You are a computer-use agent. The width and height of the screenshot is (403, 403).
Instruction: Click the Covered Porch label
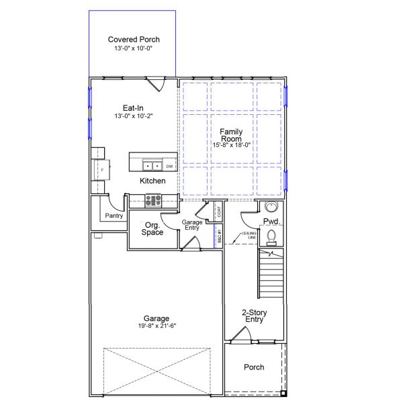coord(134,40)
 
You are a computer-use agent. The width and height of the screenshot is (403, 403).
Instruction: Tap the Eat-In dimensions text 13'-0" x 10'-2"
coord(133,116)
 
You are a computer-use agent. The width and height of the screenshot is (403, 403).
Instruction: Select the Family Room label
coord(231,135)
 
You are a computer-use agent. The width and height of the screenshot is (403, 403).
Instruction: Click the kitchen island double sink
coord(152,165)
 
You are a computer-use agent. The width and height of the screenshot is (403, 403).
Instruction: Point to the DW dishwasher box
coord(169,166)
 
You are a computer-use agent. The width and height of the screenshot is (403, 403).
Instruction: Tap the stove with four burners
coord(153,199)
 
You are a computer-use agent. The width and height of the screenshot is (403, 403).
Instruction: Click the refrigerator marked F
coord(99,168)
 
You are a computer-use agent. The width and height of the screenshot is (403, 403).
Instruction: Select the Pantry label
coord(114,216)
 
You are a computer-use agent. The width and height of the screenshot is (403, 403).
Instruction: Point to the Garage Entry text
coord(193,226)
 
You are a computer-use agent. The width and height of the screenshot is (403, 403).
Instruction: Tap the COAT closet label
coord(218,212)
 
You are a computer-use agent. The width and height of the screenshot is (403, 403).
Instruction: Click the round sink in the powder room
coord(272,206)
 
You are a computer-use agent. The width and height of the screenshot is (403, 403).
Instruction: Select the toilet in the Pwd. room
coord(271,235)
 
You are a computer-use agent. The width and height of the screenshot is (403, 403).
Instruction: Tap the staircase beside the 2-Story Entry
coord(271,273)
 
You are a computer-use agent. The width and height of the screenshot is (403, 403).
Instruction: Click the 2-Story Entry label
coord(253,316)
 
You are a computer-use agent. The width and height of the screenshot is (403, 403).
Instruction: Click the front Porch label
coord(254,367)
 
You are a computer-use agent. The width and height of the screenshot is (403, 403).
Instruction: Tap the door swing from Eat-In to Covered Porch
coord(157,85)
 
